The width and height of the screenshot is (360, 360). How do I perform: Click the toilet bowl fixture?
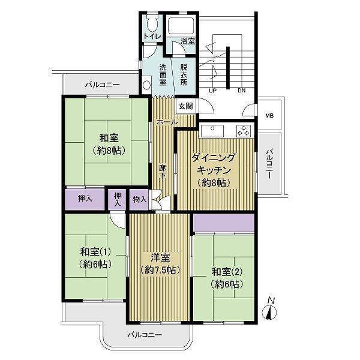[151, 23]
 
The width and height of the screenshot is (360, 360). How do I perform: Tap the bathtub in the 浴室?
[181, 25]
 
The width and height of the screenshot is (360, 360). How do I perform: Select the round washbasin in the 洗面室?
[146, 85]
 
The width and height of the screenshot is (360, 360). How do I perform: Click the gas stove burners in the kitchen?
[244, 131]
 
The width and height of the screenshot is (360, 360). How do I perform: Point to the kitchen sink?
[212, 131]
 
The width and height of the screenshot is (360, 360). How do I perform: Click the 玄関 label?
[186, 106]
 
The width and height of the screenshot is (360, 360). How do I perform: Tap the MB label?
[269, 115]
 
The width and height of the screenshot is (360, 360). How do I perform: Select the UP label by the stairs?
[212, 91]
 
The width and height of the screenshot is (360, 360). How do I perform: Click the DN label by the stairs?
[242, 91]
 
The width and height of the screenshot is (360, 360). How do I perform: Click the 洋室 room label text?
[160, 257]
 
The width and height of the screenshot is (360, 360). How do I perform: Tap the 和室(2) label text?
[227, 272]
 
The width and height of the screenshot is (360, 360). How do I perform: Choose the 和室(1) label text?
[95, 252]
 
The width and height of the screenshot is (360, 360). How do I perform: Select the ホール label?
[167, 122]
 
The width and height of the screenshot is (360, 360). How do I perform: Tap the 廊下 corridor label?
[163, 172]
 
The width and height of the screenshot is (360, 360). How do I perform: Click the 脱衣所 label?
[184, 75]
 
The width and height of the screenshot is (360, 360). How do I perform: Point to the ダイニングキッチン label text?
[214, 164]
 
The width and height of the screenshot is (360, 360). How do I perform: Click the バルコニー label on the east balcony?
[269, 164]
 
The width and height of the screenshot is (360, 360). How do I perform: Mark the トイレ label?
[152, 36]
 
